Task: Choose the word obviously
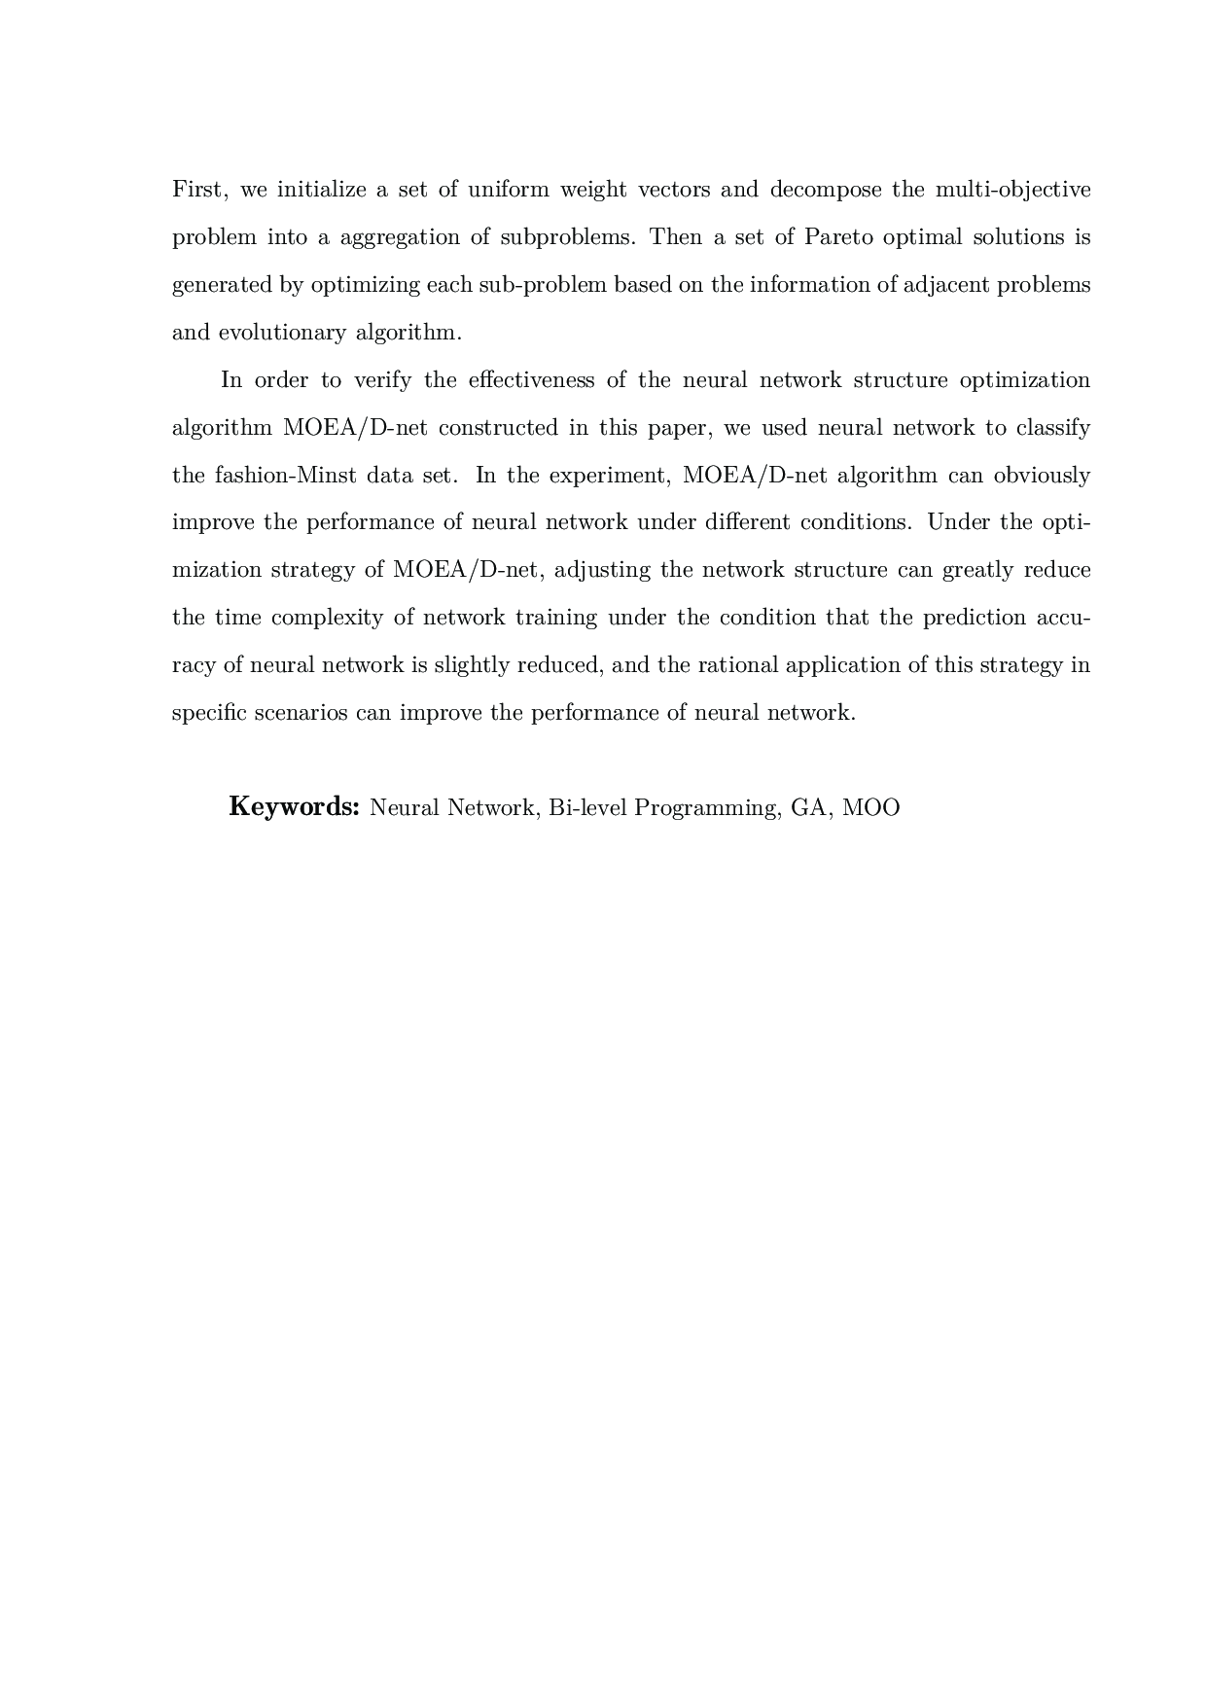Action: click(1042, 476)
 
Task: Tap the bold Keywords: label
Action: click(295, 807)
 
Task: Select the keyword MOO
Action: click(871, 808)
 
